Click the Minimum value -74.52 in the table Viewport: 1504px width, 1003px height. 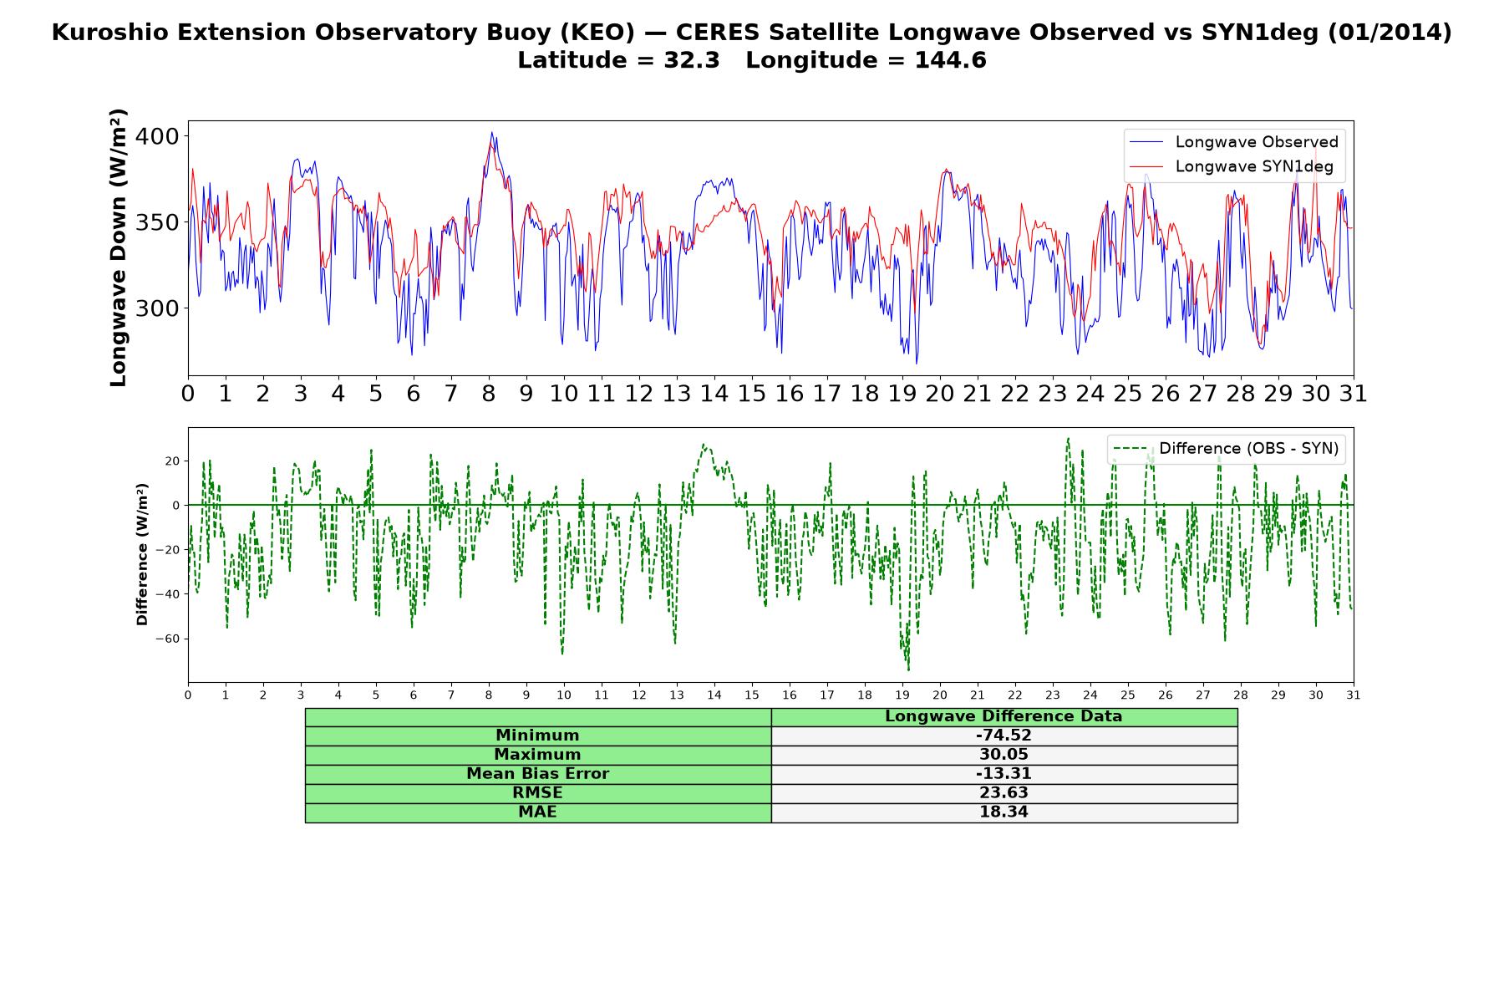tap(1004, 736)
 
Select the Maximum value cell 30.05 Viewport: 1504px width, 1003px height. tap(1004, 755)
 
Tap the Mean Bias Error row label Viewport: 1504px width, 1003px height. tap(537, 774)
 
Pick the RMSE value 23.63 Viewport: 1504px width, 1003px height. tap(1004, 793)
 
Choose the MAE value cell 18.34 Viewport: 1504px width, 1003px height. tap(1004, 812)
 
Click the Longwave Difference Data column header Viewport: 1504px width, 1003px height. tap(1004, 716)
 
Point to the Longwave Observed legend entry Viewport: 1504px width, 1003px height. tap(1234, 142)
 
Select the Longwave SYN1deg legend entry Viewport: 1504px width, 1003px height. tap(1232, 166)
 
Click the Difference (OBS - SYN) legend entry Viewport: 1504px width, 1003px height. tap(1226, 449)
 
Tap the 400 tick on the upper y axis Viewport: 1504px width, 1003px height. tap(157, 136)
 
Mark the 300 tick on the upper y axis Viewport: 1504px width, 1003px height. tap(157, 308)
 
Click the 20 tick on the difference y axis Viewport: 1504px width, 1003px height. tap(173, 461)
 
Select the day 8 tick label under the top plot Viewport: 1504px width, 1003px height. tap(489, 394)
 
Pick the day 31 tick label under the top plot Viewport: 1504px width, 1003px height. tap(1354, 394)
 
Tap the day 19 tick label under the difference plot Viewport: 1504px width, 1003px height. tap(902, 695)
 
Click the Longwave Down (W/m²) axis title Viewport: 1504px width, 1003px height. tap(119, 247)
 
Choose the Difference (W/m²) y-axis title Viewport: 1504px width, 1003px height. tap(142, 554)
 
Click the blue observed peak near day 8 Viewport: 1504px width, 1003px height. tap(492, 132)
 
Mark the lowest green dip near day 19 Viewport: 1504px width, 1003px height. tap(908, 670)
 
